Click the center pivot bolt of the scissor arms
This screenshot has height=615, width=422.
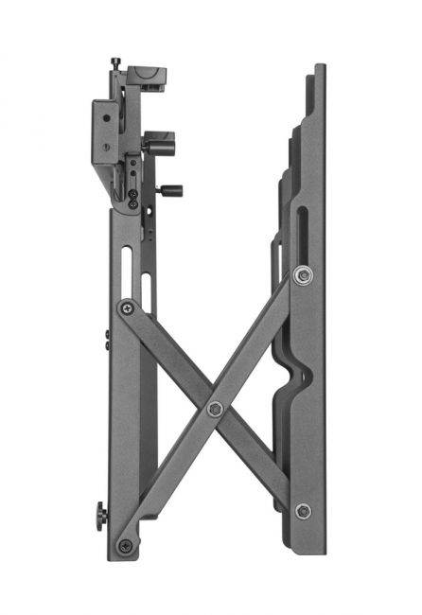(215, 409)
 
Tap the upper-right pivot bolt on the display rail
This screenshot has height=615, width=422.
(302, 274)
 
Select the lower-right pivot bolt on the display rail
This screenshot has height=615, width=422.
(303, 511)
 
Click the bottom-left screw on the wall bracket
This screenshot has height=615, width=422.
(126, 546)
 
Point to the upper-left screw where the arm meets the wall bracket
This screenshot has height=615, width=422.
(126, 307)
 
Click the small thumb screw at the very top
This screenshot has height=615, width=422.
(115, 62)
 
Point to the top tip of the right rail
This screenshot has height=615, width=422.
(320, 68)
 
